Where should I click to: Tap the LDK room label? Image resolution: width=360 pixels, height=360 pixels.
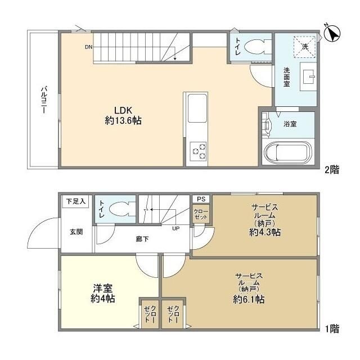(123, 109)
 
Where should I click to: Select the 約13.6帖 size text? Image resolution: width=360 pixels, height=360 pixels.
(123, 120)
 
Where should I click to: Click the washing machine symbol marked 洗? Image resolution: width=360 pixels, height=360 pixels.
(304, 47)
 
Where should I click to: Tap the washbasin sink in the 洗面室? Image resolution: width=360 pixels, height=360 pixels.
(308, 75)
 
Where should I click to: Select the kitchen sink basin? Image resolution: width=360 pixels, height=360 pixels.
(197, 109)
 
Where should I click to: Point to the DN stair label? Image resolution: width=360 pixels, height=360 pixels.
(89, 47)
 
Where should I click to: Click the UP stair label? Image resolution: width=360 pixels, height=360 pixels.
(176, 228)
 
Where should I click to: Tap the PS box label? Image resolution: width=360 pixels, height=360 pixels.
(200, 199)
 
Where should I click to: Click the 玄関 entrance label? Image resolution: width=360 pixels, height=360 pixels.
(76, 231)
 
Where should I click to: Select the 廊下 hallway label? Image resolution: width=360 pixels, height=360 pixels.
(142, 239)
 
